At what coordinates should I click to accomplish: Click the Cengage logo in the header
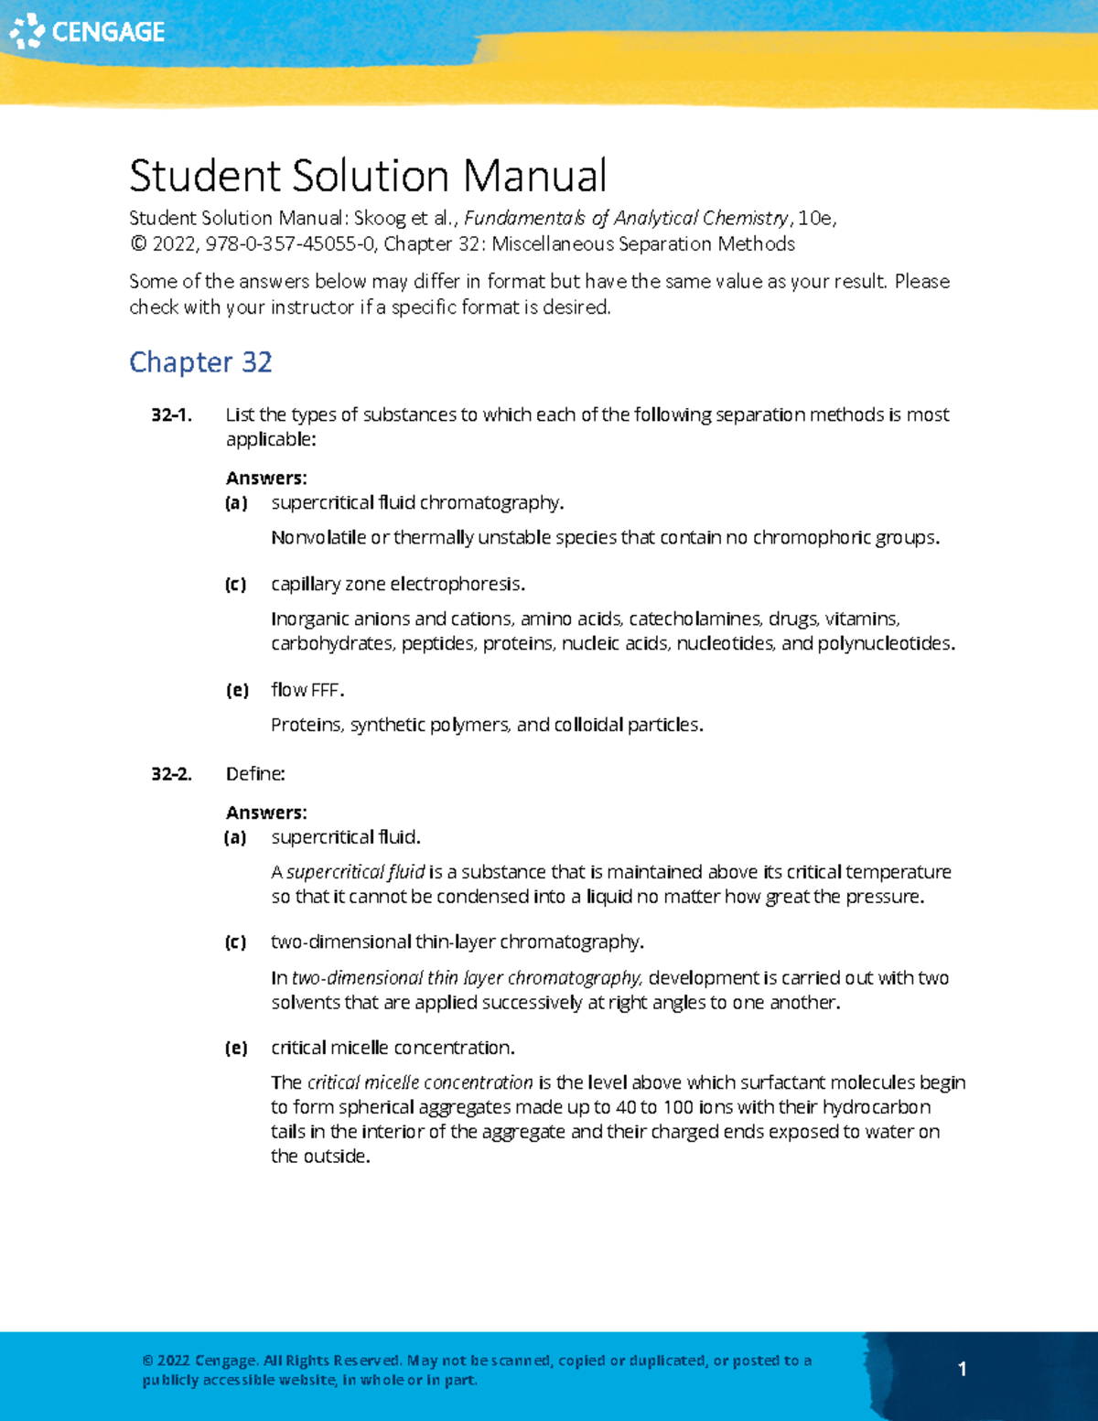[87, 31]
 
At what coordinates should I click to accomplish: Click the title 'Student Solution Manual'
[367, 176]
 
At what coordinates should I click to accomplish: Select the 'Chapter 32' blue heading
[200, 362]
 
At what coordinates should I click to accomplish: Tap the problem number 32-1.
[171, 415]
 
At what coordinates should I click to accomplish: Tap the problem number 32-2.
[171, 774]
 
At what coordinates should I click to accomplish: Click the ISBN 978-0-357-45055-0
[290, 244]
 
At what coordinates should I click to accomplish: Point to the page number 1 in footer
[962, 1369]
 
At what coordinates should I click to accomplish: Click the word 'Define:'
[255, 774]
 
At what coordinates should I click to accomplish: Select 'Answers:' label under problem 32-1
[266, 478]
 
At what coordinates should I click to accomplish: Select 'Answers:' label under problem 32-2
[266, 813]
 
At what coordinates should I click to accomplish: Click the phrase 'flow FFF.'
[307, 690]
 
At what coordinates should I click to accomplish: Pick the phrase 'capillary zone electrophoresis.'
[398, 584]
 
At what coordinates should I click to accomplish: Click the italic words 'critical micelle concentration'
[420, 1082]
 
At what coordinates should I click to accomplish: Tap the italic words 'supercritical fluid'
[356, 872]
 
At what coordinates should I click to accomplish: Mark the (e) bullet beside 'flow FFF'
[237, 690]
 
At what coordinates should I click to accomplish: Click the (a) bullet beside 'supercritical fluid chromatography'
[236, 503]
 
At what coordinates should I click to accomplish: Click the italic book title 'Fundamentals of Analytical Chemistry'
[627, 218]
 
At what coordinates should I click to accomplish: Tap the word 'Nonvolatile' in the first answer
[318, 538]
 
